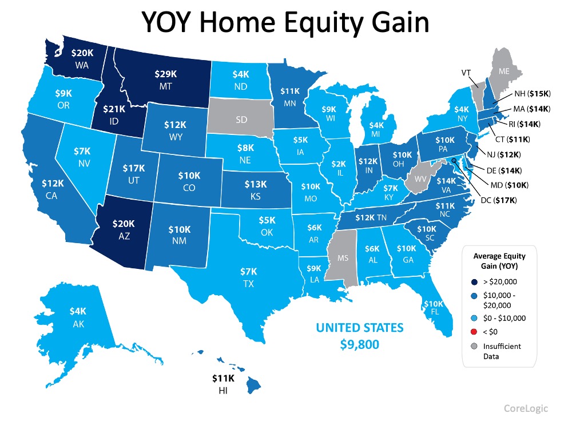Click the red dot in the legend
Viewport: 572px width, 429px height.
tap(474, 332)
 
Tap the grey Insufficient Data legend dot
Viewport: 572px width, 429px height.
tap(474, 346)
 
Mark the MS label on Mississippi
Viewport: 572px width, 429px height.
tap(342, 258)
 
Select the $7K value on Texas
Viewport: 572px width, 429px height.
tap(248, 270)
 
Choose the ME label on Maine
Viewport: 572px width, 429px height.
tap(503, 71)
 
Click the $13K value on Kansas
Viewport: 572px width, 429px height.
tap(255, 184)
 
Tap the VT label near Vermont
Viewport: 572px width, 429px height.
tap(467, 73)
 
